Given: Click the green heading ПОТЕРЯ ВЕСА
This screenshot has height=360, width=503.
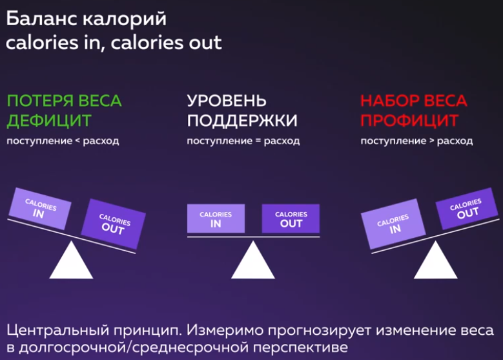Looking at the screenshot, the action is (x=64, y=101).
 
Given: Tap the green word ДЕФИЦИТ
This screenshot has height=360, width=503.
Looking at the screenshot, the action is (x=49, y=121).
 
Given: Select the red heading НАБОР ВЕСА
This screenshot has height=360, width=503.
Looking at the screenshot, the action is (x=413, y=101).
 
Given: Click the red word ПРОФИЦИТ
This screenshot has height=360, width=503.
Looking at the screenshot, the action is (x=409, y=121).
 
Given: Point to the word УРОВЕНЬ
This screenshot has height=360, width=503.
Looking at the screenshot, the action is (x=227, y=101).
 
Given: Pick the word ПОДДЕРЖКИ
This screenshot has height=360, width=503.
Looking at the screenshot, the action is (x=242, y=121).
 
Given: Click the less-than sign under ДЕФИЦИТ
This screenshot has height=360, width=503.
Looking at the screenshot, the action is (x=77, y=141).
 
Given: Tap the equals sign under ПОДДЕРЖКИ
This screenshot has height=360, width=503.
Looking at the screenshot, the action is (x=258, y=141).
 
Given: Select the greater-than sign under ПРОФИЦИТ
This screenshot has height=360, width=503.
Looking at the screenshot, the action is (x=431, y=141).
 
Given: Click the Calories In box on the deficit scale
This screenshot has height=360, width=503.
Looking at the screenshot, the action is (x=40, y=209).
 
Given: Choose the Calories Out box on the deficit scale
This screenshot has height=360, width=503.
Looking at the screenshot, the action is (x=114, y=224).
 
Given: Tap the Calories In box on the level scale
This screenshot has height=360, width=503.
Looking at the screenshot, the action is (x=216, y=218).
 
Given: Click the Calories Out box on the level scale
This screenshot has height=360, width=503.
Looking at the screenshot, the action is (x=291, y=218).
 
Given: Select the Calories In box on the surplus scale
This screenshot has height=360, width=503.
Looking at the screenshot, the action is (x=394, y=224).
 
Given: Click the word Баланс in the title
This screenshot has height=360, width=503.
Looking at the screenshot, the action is (x=42, y=19).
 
